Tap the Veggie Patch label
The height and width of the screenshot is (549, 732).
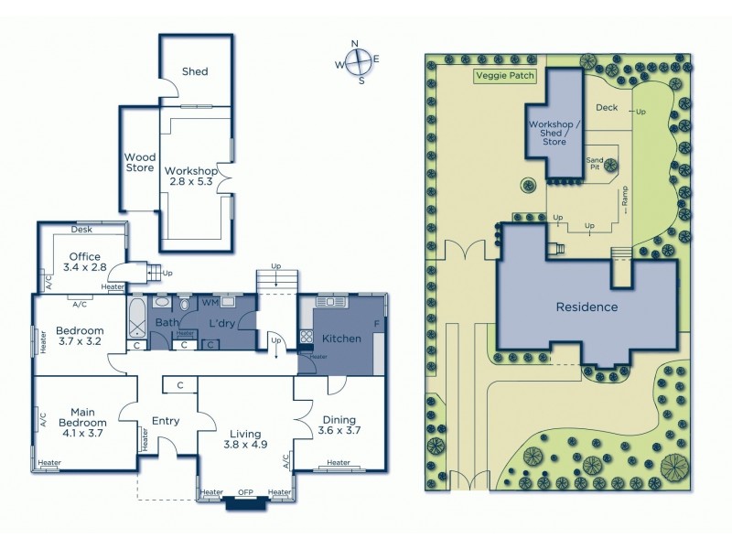505,77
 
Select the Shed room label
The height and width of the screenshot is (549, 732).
194,71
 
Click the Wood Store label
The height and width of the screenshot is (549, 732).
140,162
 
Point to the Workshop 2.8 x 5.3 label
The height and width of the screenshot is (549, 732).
190,177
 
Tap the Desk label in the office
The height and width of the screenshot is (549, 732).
81,230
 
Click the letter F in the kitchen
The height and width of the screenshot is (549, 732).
376,324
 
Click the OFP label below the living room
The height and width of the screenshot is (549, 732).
245,493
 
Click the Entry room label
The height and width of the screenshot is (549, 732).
165,421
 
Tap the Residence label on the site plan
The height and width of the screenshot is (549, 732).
587,307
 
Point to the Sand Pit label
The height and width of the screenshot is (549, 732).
596,162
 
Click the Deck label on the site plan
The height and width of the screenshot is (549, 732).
606,108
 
